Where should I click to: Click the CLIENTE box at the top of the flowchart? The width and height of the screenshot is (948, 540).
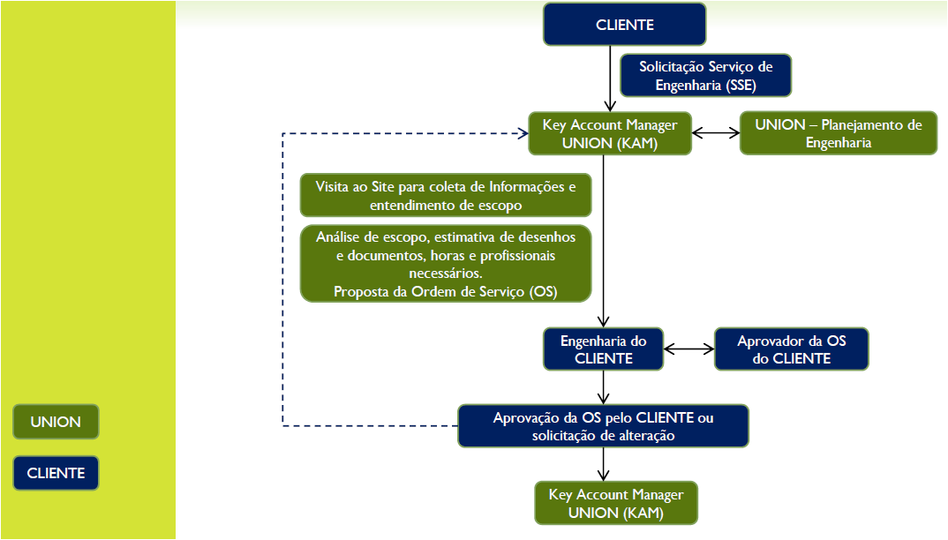(625, 24)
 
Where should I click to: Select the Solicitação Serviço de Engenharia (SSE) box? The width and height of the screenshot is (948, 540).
(705, 76)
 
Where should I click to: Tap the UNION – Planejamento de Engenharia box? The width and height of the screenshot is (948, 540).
(839, 133)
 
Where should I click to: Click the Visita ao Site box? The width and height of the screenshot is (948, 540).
(446, 195)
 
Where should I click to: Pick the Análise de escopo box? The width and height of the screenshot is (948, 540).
(446, 264)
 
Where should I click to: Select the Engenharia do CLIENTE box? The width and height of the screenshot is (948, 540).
(604, 349)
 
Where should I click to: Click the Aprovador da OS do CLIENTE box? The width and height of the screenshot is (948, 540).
(792, 349)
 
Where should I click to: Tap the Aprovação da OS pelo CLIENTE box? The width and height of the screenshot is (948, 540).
(604, 425)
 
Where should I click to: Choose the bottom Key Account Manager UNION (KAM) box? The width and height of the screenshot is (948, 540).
(616, 503)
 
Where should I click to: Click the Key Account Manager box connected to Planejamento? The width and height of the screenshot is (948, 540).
(610, 133)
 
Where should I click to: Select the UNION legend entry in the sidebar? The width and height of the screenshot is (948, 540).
(56, 422)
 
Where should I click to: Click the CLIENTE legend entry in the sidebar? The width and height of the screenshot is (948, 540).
(56, 473)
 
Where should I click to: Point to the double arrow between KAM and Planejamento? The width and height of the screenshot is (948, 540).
(716, 133)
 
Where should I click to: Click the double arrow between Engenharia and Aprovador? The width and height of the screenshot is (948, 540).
(689, 349)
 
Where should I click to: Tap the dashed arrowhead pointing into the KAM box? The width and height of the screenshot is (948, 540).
(523, 133)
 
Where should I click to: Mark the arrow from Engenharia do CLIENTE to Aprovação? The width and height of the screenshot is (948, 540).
(604, 387)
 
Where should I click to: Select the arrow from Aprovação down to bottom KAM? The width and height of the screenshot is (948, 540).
(604, 464)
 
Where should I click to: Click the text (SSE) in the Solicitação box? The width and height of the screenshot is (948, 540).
(741, 86)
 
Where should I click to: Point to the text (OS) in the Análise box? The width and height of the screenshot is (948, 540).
(543, 291)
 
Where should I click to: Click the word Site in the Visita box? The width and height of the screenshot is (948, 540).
(382, 187)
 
